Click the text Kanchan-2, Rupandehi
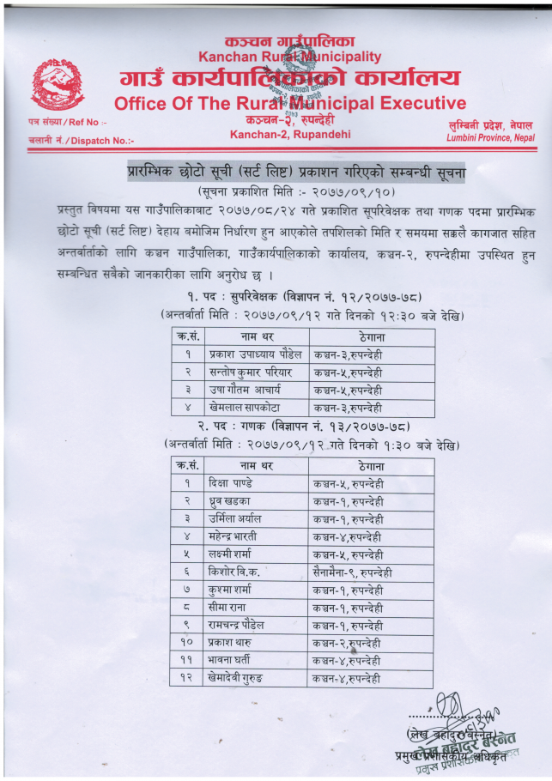[x=277, y=135]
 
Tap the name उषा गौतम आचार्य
[x=245, y=390]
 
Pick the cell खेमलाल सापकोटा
[x=246, y=408]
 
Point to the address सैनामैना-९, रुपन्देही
[x=353, y=572]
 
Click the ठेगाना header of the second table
[x=371, y=465]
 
